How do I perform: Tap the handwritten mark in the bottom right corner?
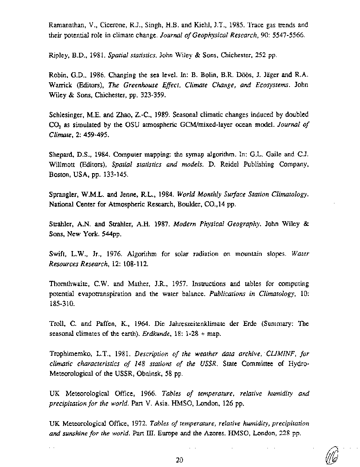click(x=333, y=454)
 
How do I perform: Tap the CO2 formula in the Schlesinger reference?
click(x=55, y=126)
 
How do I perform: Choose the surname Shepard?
click(x=62, y=155)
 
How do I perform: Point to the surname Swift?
click(x=57, y=254)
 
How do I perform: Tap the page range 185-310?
click(x=61, y=304)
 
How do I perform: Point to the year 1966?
click(x=145, y=394)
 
